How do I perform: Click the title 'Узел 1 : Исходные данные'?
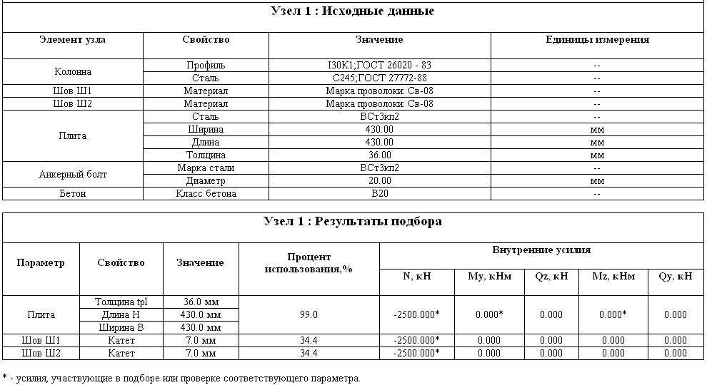[x=353, y=11]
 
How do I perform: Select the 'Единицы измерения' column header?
[x=597, y=40]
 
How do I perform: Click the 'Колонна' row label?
[x=73, y=71]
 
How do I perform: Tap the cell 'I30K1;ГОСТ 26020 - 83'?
[x=379, y=65]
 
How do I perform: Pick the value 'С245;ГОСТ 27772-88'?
[x=379, y=78]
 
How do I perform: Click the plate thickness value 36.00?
[x=379, y=155]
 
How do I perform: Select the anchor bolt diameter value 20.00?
[x=379, y=181]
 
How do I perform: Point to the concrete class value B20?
[x=379, y=194]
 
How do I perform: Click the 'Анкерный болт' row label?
[x=73, y=175]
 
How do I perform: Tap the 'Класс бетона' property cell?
[x=206, y=194]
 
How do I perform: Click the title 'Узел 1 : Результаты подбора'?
[x=353, y=222]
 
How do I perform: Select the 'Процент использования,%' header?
[x=309, y=262]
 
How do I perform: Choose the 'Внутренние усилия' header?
[x=541, y=250]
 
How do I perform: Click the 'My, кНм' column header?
[x=489, y=277]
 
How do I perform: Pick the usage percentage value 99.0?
[x=309, y=314]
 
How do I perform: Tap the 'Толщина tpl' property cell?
[x=121, y=302]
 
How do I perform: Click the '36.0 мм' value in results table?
[x=201, y=302]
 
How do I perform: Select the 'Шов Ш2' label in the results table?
[x=41, y=353]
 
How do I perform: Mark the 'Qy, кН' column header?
[x=675, y=277]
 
